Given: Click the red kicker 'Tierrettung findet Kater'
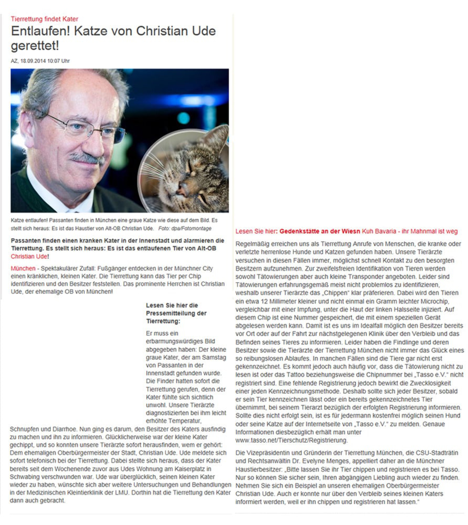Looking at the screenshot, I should click(44, 19).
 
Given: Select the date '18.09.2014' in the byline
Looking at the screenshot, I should click(33, 61).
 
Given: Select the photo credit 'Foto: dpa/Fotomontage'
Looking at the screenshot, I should click(185, 228).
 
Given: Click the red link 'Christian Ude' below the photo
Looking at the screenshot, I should click(29, 256).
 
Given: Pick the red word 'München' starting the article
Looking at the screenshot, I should click(23, 269).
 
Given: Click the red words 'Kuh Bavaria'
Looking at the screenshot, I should click(379, 231).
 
